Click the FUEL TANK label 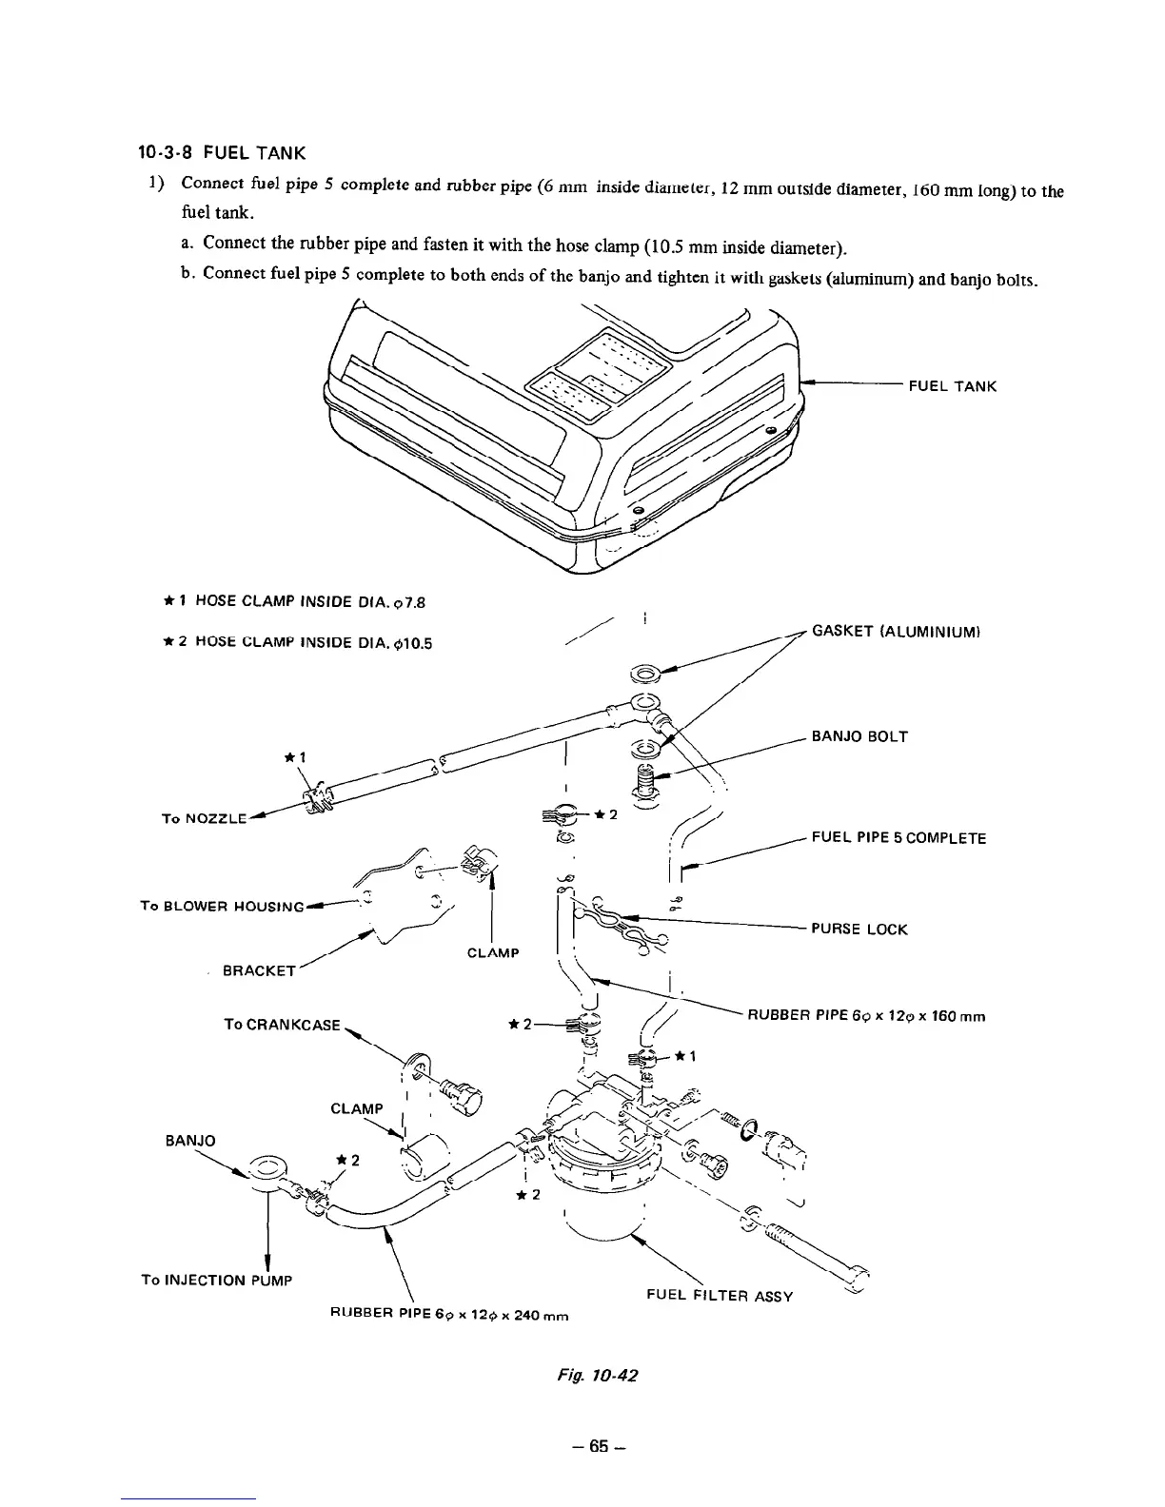pos(952,386)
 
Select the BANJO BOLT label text pos(859,736)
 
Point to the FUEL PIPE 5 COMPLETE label pos(898,838)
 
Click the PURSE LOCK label pos(859,930)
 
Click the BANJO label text pos(192,1140)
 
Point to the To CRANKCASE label pos(282,1024)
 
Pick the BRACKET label pos(260,970)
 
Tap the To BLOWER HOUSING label pos(221,906)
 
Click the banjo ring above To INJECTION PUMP pos(268,1165)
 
